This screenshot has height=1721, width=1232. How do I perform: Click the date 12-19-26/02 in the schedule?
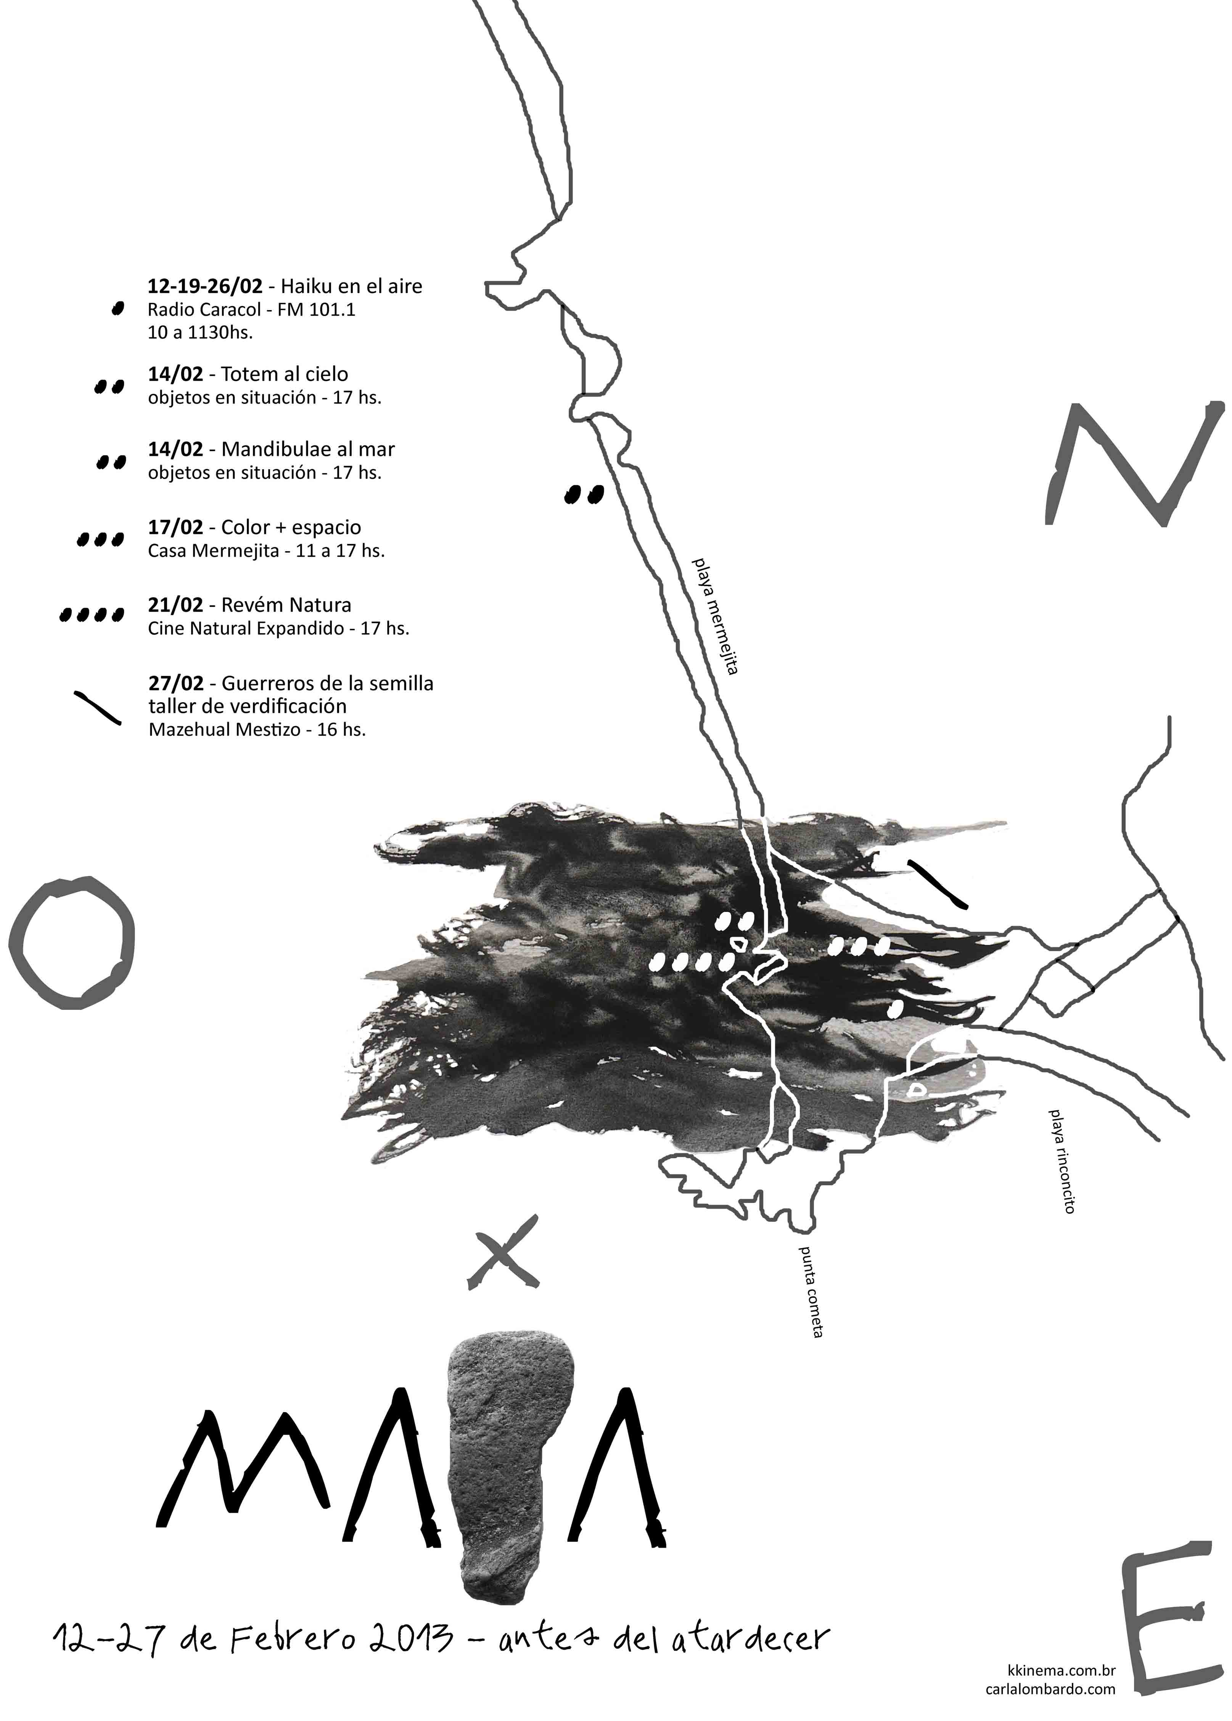tap(205, 287)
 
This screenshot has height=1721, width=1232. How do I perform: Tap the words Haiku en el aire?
tap(351, 287)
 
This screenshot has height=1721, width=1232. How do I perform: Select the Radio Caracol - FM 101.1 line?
tap(251, 310)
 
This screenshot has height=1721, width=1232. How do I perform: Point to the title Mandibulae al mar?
tap(308, 450)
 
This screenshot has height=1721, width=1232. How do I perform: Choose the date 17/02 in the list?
tap(175, 528)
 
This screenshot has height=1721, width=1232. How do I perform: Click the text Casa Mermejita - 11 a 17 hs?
tap(266, 552)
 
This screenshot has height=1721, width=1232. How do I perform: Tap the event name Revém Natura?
tap(286, 605)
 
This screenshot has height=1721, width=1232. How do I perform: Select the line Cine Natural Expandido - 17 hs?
tap(278, 629)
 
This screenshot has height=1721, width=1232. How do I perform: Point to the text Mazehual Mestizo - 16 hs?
tap(257, 730)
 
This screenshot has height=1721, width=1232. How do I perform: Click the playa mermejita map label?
tap(715, 617)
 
